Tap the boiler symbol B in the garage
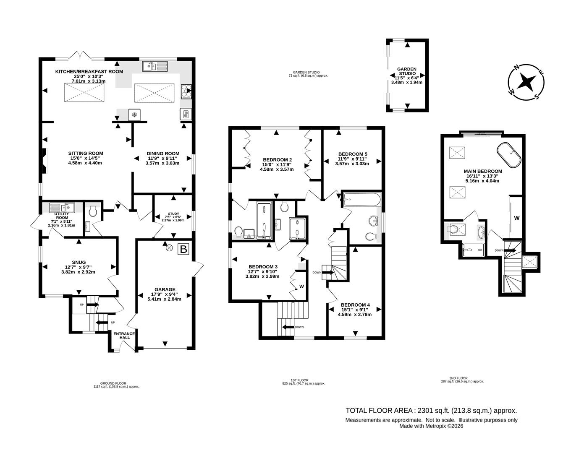[x=183, y=249]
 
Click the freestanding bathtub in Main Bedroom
[x=509, y=154]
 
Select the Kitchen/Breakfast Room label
[x=89, y=71]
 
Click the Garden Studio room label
[x=406, y=71]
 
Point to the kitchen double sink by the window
[x=155, y=66]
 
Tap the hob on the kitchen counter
[x=186, y=90]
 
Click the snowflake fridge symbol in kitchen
[x=134, y=115]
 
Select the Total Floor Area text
[x=431, y=411]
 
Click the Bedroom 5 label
[x=353, y=154]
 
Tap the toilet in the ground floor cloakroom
[x=93, y=211]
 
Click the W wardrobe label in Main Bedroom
[x=517, y=218]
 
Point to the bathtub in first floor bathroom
[x=361, y=199]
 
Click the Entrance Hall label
[x=124, y=336]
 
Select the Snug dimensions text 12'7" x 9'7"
[x=78, y=267]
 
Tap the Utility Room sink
[x=62, y=207]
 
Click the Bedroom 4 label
[x=355, y=305]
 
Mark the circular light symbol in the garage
[x=170, y=247]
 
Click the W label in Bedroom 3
[x=301, y=287]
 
